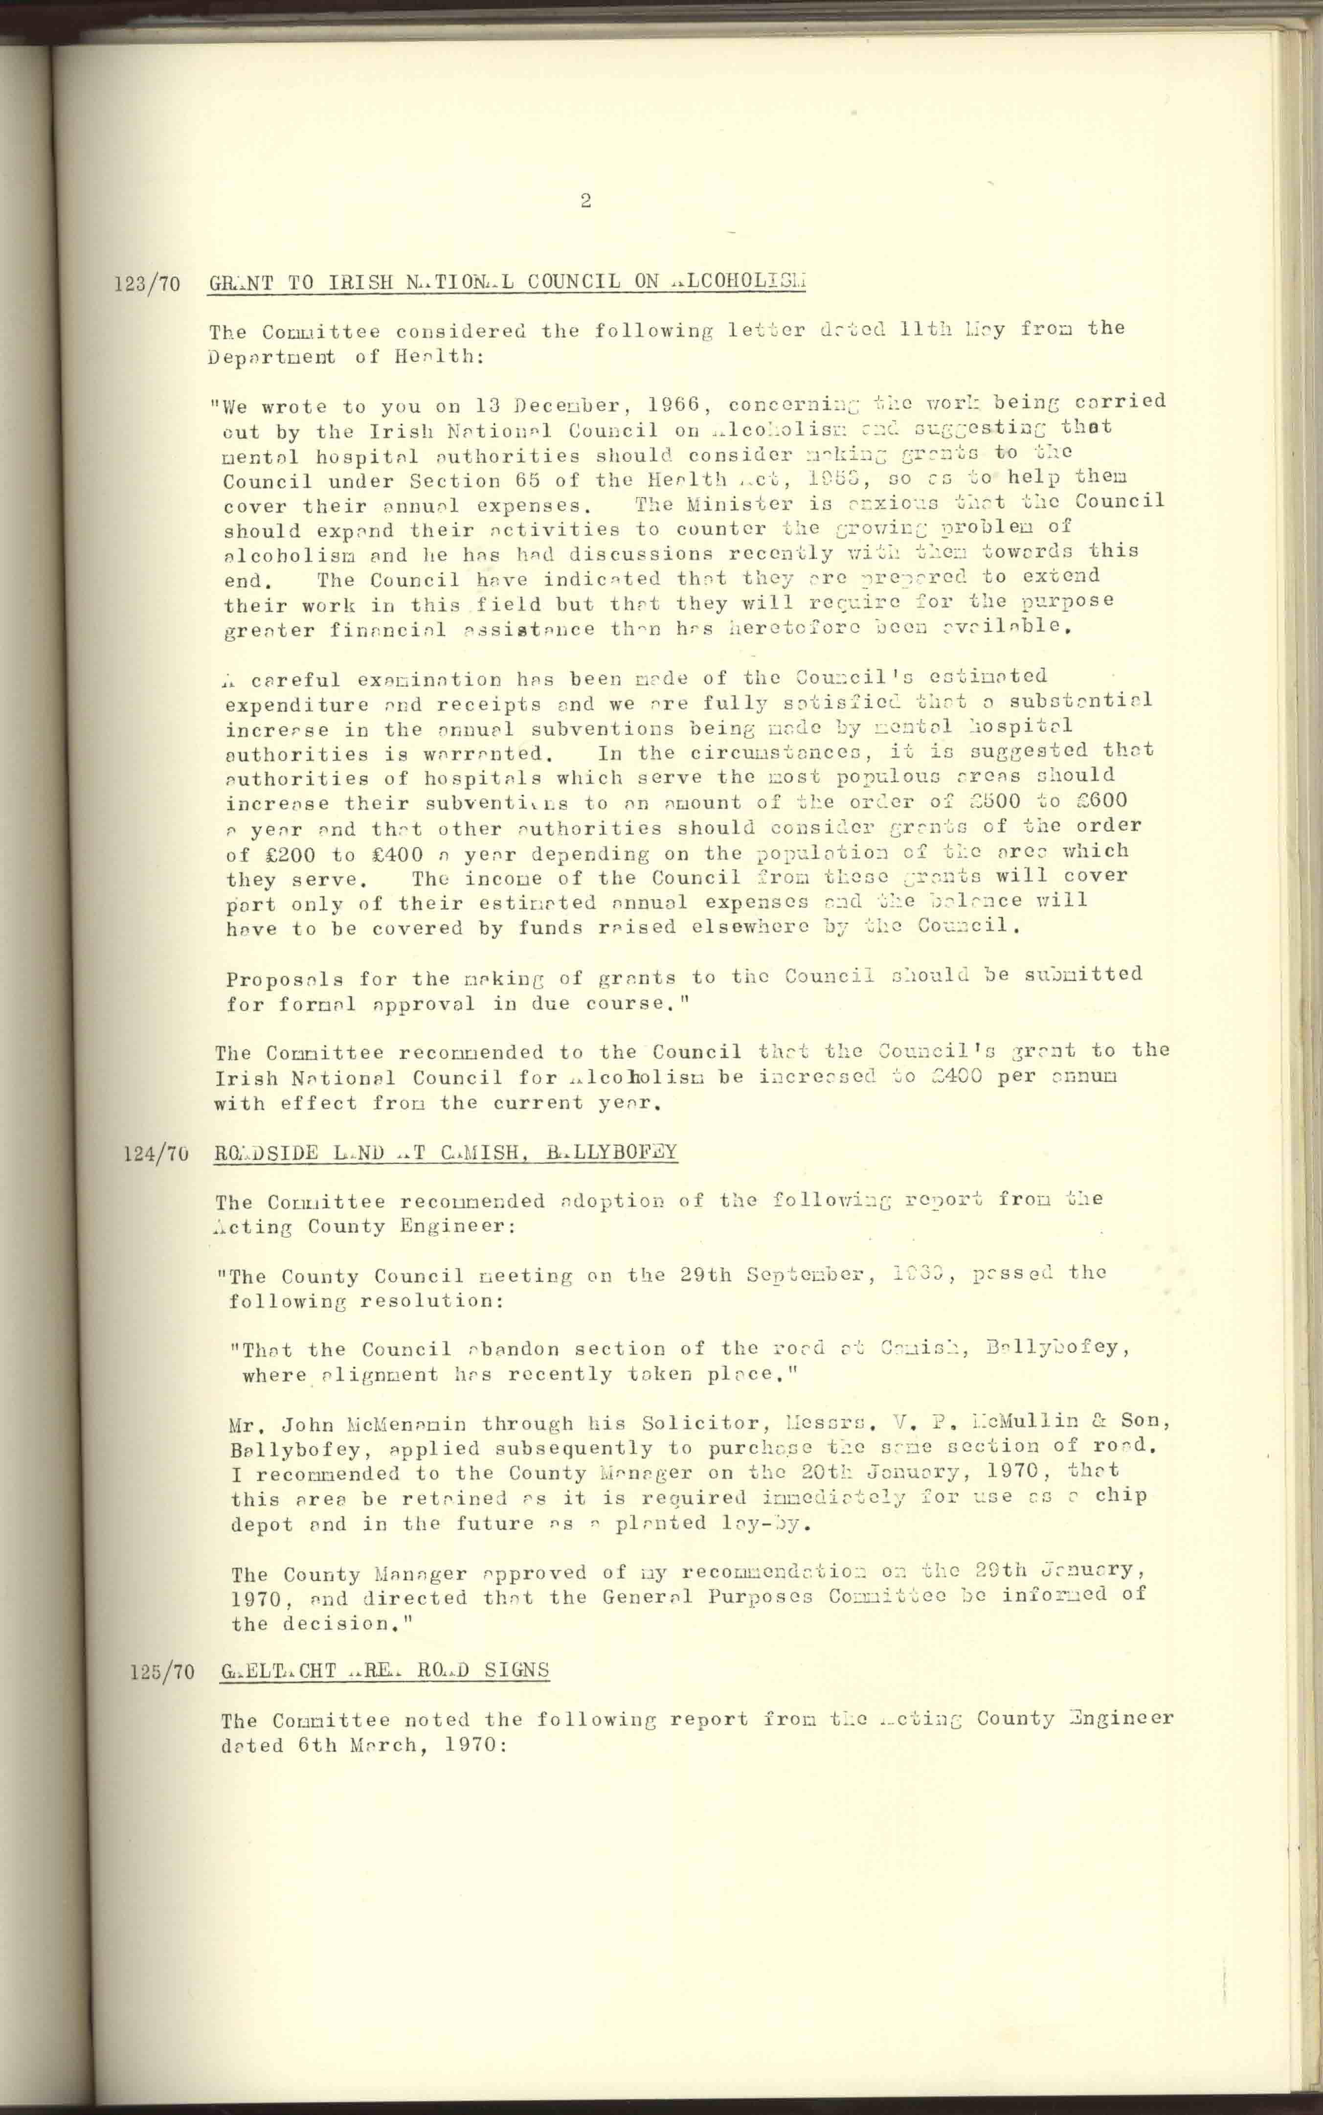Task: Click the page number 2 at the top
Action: tap(585, 201)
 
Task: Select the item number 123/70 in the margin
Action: tap(147, 284)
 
